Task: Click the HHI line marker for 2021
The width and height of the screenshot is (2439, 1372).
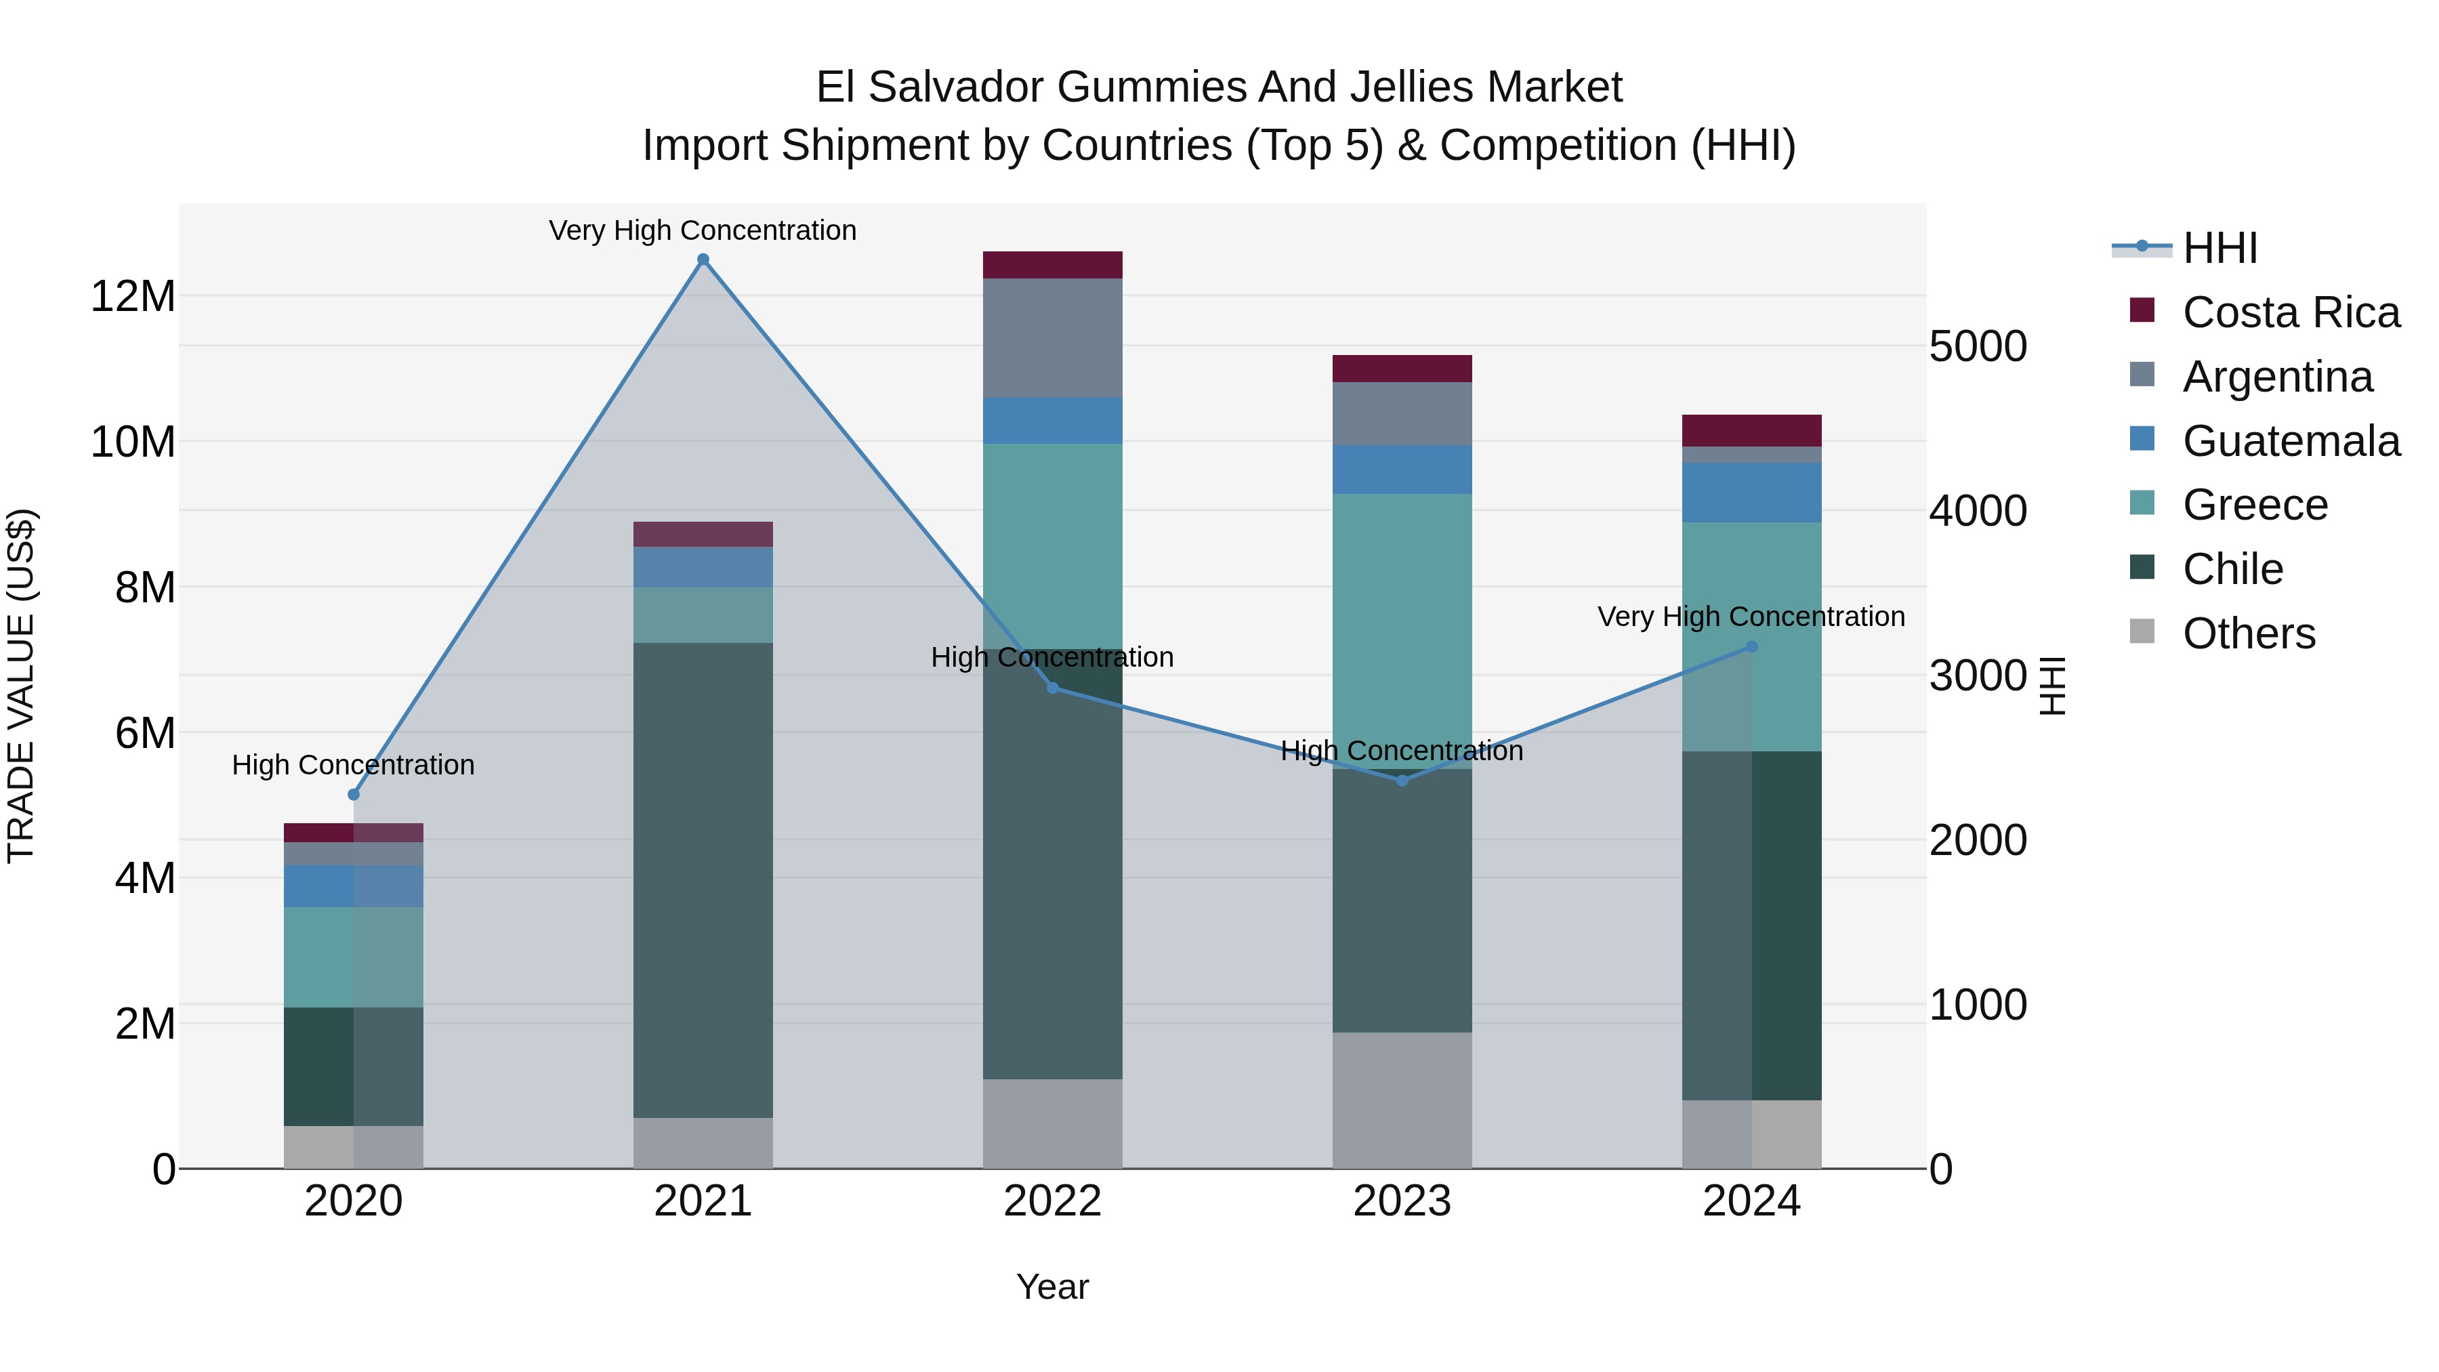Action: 703,259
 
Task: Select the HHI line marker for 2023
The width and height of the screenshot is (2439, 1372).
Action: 1402,781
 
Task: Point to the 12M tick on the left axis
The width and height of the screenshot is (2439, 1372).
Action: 133,296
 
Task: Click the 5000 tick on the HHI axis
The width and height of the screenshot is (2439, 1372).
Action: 1978,346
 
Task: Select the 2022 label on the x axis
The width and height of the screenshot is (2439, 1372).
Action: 1052,1201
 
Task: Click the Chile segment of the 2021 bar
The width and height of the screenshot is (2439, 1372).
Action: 703,881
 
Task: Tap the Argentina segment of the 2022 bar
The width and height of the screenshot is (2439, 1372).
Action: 1052,338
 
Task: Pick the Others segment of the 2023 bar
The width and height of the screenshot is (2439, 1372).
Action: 1402,1100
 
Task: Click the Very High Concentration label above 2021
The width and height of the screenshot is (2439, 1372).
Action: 703,230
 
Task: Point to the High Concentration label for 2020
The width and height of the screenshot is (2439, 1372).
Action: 353,765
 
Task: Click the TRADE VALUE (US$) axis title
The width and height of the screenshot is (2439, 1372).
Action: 21,686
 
